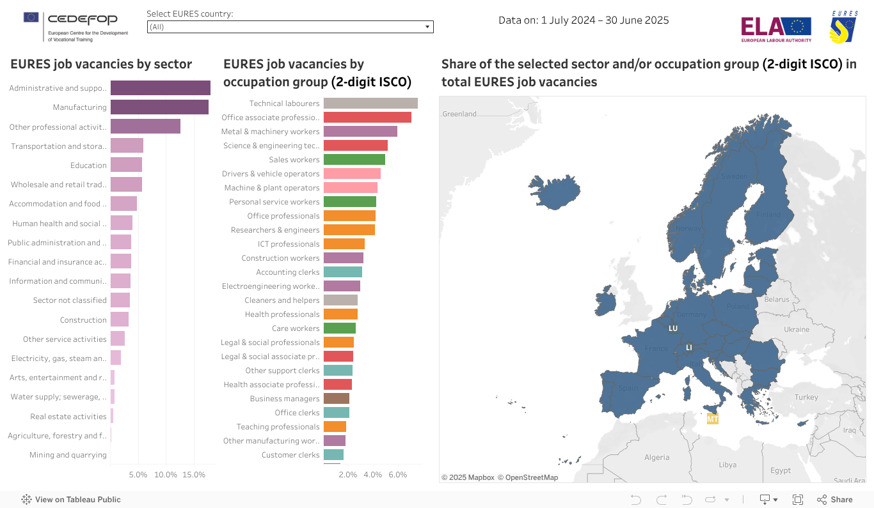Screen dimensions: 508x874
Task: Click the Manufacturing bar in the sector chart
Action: click(x=159, y=107)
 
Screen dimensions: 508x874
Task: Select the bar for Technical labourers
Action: click(x=370, y=104)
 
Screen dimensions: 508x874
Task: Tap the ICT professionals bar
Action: click(x=344, y=244)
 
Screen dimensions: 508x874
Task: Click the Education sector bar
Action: click(x=126, y=165)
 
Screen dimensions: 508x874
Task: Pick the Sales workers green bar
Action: click(x=354, y=160)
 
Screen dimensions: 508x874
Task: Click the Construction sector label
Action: click(x=83, y=320)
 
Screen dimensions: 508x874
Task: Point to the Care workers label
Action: click(x=295, y=328)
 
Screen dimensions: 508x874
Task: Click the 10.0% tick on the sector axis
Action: click(x=166, y=475)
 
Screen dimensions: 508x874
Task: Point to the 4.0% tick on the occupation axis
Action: click(x=372, y=475)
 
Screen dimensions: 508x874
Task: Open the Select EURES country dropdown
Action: click(x=290, y=27)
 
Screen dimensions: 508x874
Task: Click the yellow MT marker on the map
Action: click(x=712, y=419)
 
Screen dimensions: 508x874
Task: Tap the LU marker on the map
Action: click(x=673, y=328)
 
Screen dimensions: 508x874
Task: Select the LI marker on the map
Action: click(x=689, y=347)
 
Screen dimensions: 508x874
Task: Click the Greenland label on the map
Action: click(x=459, y=114)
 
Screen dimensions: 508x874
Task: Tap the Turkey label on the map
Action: click(x=806, y=397)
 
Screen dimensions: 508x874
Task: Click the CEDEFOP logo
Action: click(x=76, y=26)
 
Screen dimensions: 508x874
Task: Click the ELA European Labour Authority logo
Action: click(x=775, y=29)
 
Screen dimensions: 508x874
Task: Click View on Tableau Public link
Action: click(x=71, y=500)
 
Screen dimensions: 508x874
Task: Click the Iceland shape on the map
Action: click(x=554, y=189)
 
